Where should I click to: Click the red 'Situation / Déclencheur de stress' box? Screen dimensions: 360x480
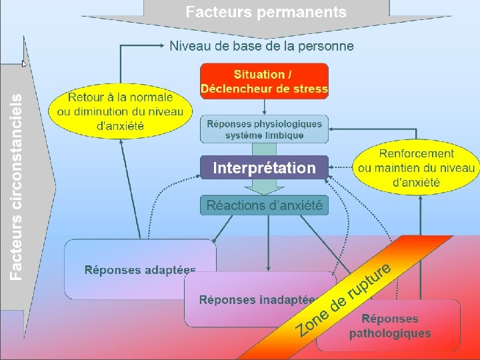point(265,81)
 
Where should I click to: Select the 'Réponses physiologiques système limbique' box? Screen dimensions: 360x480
point(265,129)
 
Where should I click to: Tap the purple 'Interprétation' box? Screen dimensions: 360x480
point(265,169)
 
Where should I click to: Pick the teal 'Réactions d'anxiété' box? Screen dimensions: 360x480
point(265,205)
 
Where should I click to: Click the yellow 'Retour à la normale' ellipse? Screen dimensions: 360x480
point(120,111)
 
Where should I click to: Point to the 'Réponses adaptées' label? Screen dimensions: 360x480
point(140,270)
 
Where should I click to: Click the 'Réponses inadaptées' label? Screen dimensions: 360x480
point(257,300)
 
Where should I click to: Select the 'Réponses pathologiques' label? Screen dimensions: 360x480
point(390,326)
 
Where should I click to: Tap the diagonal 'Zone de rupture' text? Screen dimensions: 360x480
point(343,299)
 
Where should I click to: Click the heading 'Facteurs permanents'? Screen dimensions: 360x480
point(266,12)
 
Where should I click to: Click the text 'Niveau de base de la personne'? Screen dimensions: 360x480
point(261,46)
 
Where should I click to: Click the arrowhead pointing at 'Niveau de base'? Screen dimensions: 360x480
point(162,46)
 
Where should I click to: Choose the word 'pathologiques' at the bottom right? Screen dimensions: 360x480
point(390,333)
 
